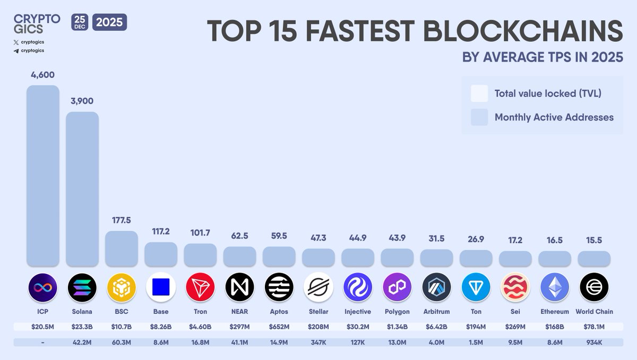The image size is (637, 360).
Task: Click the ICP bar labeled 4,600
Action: coord(43,175)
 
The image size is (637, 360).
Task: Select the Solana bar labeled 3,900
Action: coord(82,188)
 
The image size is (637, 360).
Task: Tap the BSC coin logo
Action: coord(122,287)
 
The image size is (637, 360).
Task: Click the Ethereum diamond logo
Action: coord(555,287)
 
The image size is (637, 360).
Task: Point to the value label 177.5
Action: coord(122,220)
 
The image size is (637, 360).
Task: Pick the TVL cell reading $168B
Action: coord(555,327)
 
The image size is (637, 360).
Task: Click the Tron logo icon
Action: coord(200,287)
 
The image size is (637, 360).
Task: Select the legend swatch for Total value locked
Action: coord(479,93)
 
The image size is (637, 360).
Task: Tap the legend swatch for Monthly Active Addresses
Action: coord(479,117)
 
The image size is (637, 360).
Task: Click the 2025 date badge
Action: coord(110,22)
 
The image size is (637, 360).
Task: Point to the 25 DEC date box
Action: coord(80,22)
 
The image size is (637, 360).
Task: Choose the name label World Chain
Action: coord(594,312)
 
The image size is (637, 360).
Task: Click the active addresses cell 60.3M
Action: coord(122,342)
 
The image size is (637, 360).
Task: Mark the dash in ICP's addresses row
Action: coord(43,342)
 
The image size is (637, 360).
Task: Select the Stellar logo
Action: coord(318,287)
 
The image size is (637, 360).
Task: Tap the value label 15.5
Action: coord(594,240)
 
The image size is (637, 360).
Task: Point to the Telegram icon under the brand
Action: coord(16,50)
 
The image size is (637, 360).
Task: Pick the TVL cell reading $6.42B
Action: coord(436,327)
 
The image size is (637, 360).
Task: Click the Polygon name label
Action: coord(397,312)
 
